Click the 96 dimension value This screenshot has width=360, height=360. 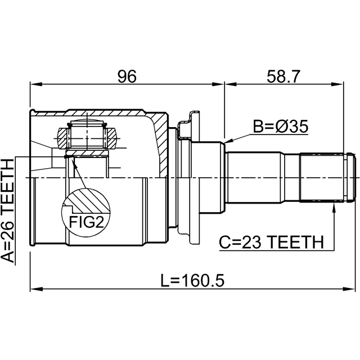127,76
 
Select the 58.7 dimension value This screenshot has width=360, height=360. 283,76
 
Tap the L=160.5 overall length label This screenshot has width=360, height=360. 192,280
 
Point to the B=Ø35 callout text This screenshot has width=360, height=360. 280,126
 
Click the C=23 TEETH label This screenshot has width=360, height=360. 271,242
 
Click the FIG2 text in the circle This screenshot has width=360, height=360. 87,222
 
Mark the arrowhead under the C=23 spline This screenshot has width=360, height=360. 334,205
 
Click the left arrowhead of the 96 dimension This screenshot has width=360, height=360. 36,84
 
